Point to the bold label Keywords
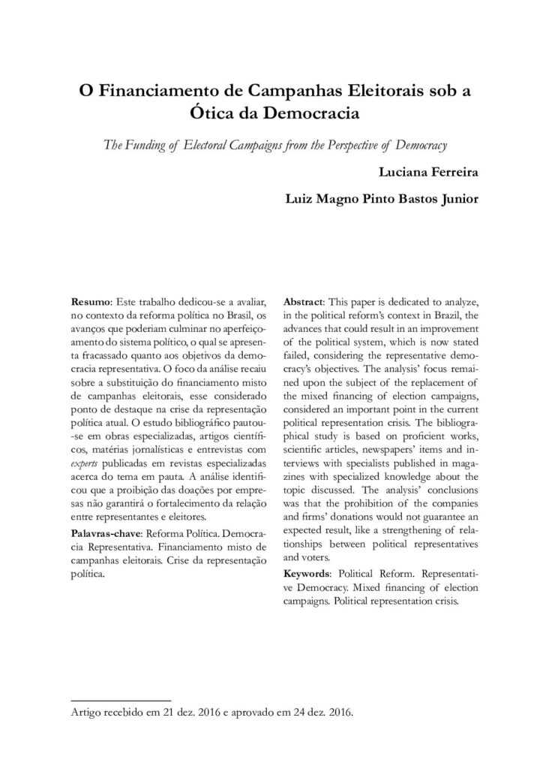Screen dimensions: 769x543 [x=308, y=573]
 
